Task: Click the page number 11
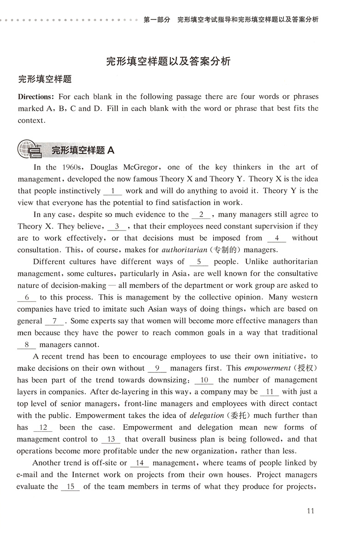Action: tap(310, 510)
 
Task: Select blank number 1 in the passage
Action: tap(113, 191)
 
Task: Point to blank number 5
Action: tap(199, 262)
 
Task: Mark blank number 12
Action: tap(42, 428)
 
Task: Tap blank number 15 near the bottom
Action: tap(70, 487)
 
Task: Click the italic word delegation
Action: tap(206, 416)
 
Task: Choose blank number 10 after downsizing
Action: tap(204, 380)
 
